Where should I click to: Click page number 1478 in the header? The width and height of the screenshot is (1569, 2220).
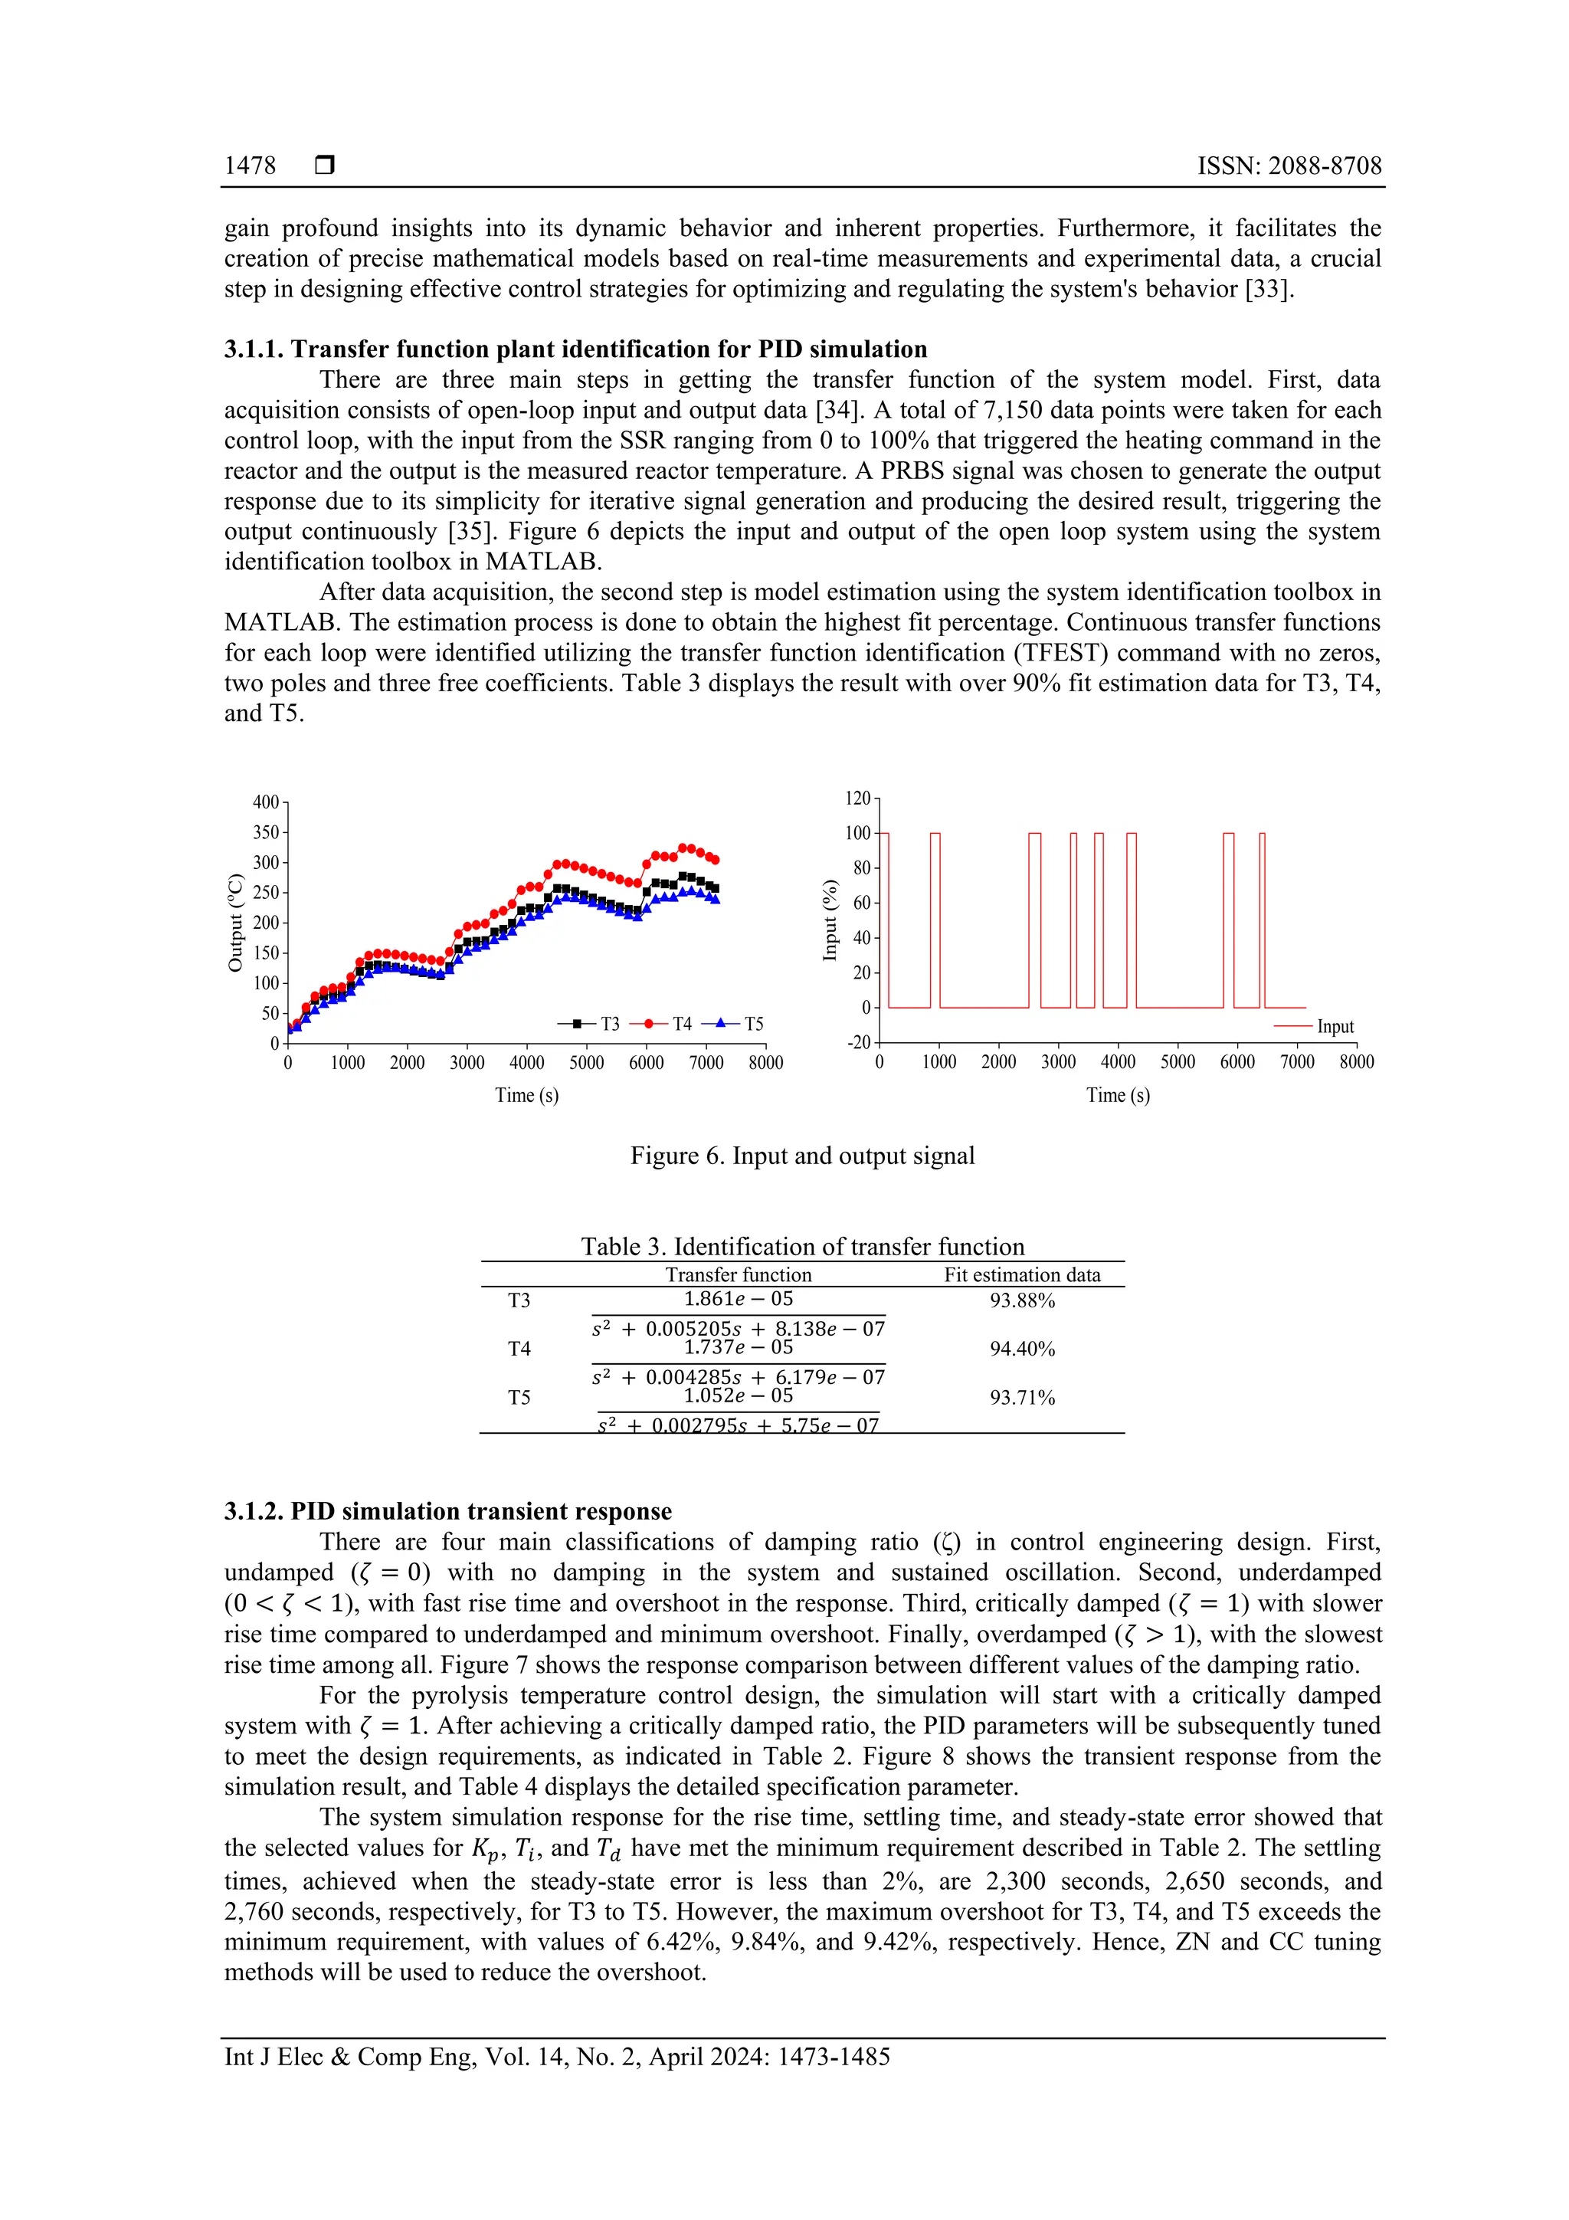[x=250, y=166]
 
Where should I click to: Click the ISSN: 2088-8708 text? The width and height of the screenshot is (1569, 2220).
[x=1289, y=166]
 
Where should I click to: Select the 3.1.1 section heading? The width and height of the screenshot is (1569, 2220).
[x=575, y=349]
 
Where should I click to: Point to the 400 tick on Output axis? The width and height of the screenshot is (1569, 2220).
[x=266, y=802]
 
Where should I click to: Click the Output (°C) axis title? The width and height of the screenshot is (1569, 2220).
[x=235, y=923]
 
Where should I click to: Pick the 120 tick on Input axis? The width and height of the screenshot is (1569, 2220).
[x=857, y=798]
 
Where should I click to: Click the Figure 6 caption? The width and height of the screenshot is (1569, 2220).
[x=802, y=1156]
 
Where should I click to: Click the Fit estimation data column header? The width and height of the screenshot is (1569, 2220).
[x=1022, y=1275]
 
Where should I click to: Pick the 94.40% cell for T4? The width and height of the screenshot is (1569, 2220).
[x=1022, y=1349]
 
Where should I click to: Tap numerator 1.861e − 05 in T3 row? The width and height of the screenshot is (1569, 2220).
[x=738, y=1300]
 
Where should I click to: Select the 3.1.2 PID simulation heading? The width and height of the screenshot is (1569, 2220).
[x=447, y=1511]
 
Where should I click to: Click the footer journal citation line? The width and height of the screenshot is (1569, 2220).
[x=557, y=2058]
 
